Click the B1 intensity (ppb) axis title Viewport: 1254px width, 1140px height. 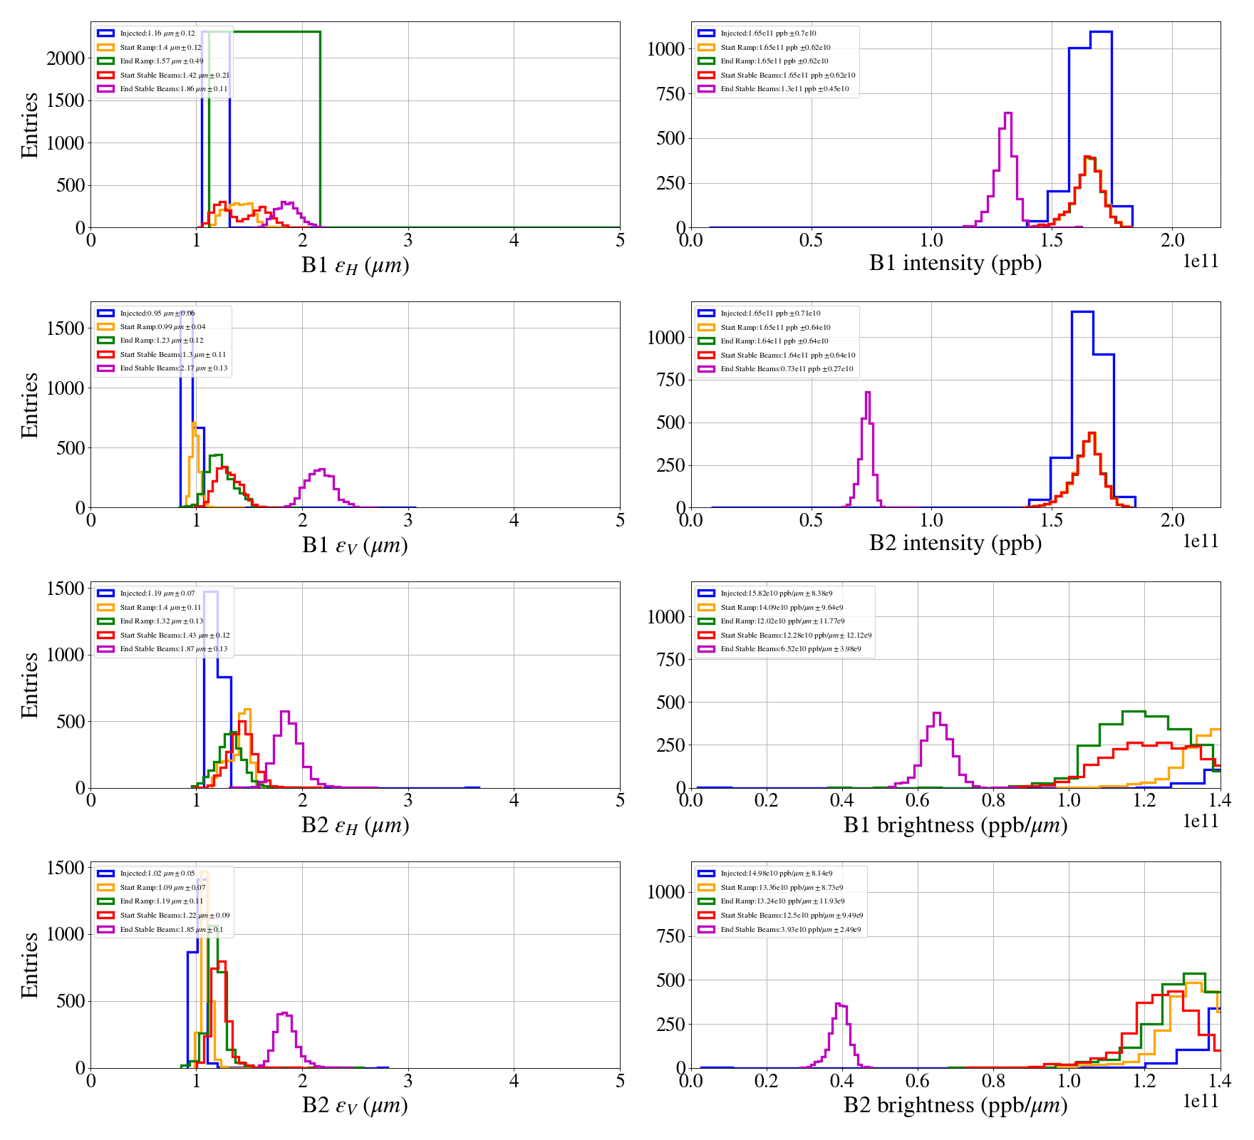(x=955, y=264)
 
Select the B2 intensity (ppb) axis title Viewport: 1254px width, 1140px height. (x=955, y=544)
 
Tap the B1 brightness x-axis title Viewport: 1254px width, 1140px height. (x=955, y=825)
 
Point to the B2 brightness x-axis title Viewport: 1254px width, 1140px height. (x=955, y=1105)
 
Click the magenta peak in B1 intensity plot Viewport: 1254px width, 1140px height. (x=1007, y=114)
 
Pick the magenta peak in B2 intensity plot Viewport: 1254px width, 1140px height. (x=867, y=393)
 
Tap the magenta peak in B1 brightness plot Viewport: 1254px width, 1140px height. (x=937, y=714)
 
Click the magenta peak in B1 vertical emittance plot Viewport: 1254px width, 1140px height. (x=321, y=470)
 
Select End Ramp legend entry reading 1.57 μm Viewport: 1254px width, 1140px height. (x=161, y=61)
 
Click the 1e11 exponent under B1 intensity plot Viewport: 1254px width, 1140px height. (x=1201, y=261)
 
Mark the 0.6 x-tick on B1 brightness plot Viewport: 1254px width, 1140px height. (x=918, y=801)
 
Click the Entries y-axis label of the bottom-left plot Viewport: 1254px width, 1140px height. (x=30, y=965)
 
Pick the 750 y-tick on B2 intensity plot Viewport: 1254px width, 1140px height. (x=670, y=380)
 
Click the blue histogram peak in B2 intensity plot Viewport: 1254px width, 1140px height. (x=1082, y=312)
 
